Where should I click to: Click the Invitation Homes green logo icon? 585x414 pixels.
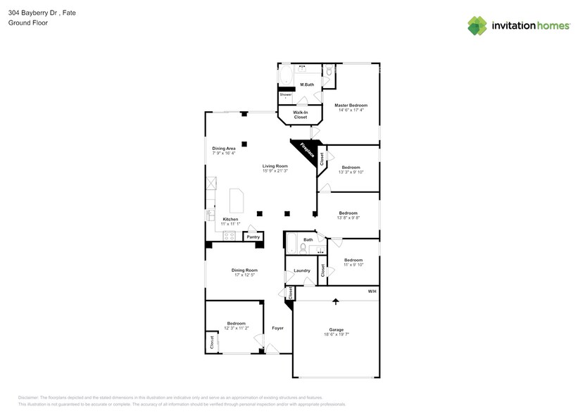click(x=477, y=25)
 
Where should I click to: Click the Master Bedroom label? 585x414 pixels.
click(x=351, y=105)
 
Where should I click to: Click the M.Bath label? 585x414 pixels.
click(x=307, y=84)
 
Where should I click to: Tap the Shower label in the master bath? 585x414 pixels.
click(x=285, y=94)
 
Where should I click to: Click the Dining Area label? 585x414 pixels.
click(x=224, y=149)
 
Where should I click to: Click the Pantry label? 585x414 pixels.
click(x=253, y=237)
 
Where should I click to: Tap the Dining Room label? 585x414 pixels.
click(x=244, y=270)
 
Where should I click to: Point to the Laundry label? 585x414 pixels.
click(x=302, y=270)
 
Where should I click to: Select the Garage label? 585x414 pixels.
click(x=336, y=329)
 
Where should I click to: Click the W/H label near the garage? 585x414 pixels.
click(x=372, y=291)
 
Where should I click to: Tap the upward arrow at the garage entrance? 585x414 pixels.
click(x=335, y=301)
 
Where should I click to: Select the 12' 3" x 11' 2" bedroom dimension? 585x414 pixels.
click(x=236, y=328)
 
